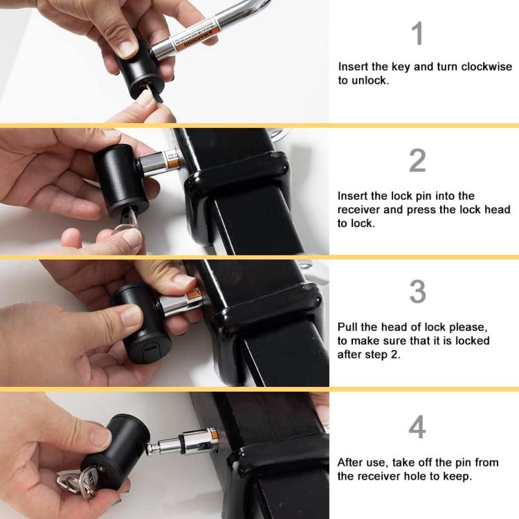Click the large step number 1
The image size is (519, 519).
pyautogui.click(x=417, y=34)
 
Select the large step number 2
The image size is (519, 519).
pyautogui.click(x=417, y=161)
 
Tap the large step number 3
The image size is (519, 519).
pyautogui.click(x=417, y=292)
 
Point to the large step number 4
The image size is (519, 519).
pyautogui.click(x=417, y=428)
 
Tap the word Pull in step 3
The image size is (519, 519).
pyautogui.click(x=348, y=327)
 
